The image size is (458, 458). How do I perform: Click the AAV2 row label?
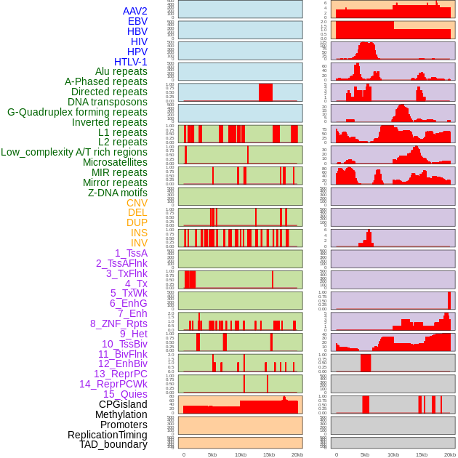point(135,11)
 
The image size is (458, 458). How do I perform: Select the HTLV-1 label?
point(130,62)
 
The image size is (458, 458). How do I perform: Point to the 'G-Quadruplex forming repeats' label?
point(77,112)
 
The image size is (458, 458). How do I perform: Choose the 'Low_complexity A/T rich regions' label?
point(74,152)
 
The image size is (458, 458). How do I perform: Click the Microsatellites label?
point(115,162)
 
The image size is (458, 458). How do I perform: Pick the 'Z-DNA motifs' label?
point(117,193)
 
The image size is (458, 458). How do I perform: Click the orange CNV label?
point(137,203)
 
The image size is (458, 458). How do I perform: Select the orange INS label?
point(139,233)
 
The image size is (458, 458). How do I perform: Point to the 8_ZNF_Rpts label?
point(118,324)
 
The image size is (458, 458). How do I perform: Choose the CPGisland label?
point(123,404)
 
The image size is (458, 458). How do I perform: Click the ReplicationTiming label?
point(107,435)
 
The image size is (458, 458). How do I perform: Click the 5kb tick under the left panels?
point(212,454)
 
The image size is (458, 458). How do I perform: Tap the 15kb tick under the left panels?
point(269,454)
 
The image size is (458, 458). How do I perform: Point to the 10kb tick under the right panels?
point(393,454)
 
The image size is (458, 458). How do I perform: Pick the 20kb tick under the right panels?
point(450,454)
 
